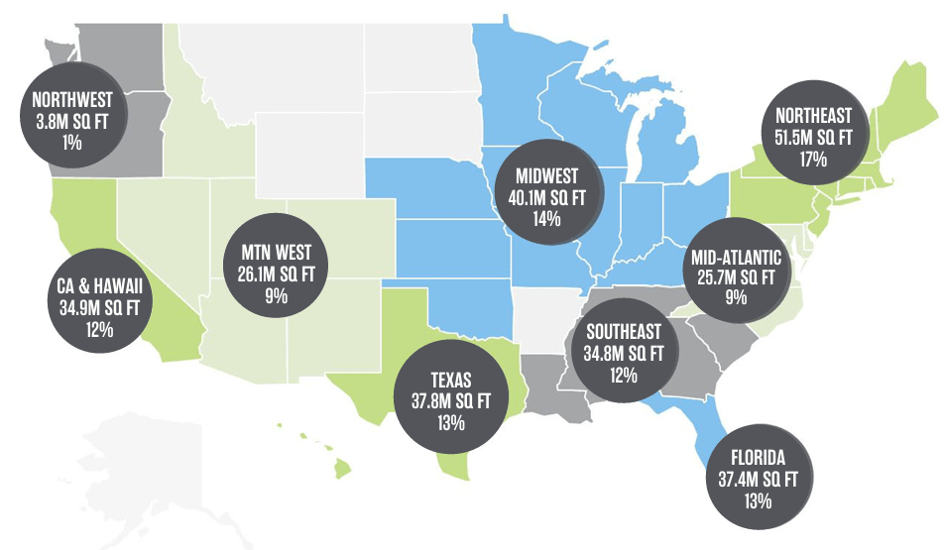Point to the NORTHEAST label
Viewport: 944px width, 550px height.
pyautogui.click(x=820, y=116)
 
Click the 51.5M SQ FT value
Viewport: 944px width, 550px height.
pyautogui.click(x=820, y=136)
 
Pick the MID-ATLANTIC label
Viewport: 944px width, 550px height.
pyautogui.click(x=735, y=259)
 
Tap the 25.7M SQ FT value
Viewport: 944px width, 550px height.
pyautogui.click(x=735, y=278)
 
